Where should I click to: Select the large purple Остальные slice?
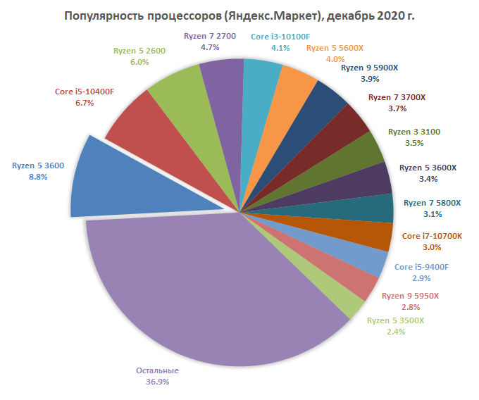click(211, 296)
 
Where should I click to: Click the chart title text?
click(239, 15)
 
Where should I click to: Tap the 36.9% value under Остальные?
click(157, 382)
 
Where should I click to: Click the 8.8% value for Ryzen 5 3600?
click(38, 177)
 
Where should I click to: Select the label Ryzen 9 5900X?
click(370, 68)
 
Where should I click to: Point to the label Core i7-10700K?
click(432, 236)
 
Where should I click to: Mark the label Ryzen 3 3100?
click(415, 132)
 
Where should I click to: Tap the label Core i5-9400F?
click(421, 267)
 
